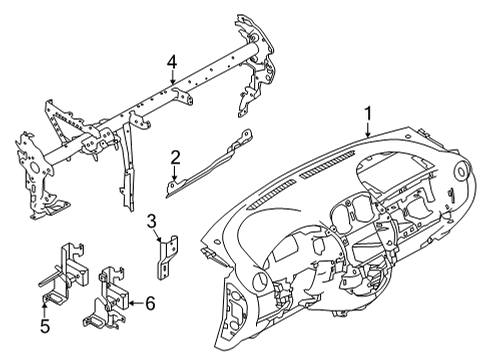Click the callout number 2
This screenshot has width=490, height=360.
[x=174, y=156]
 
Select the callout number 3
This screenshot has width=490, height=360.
[x=152, y=221]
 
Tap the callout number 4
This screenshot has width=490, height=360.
[x=173, y=62]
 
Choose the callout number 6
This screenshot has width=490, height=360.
[x=151, y=301]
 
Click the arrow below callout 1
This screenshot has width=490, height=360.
[x=369, y=133]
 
